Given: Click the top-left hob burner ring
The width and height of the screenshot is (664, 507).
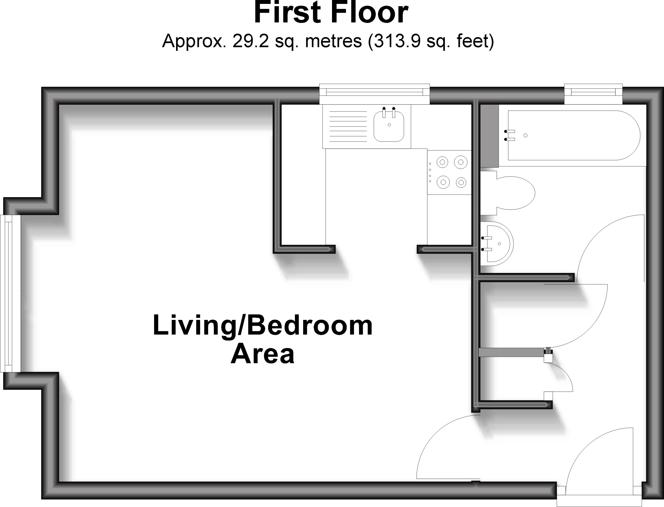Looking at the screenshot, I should click(443, 161).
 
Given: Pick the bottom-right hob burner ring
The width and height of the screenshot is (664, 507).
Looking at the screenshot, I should click(461, 183).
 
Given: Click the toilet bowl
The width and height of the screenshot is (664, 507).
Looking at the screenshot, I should click(516, 193).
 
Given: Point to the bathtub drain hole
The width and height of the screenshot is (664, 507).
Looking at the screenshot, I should click(525, 135).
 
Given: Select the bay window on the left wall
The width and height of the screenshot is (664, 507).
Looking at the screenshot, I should click(10, 293).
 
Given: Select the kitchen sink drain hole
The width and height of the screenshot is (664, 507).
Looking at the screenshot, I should click(389, 125).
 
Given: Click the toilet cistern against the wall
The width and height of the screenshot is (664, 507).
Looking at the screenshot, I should click(488, 193).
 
